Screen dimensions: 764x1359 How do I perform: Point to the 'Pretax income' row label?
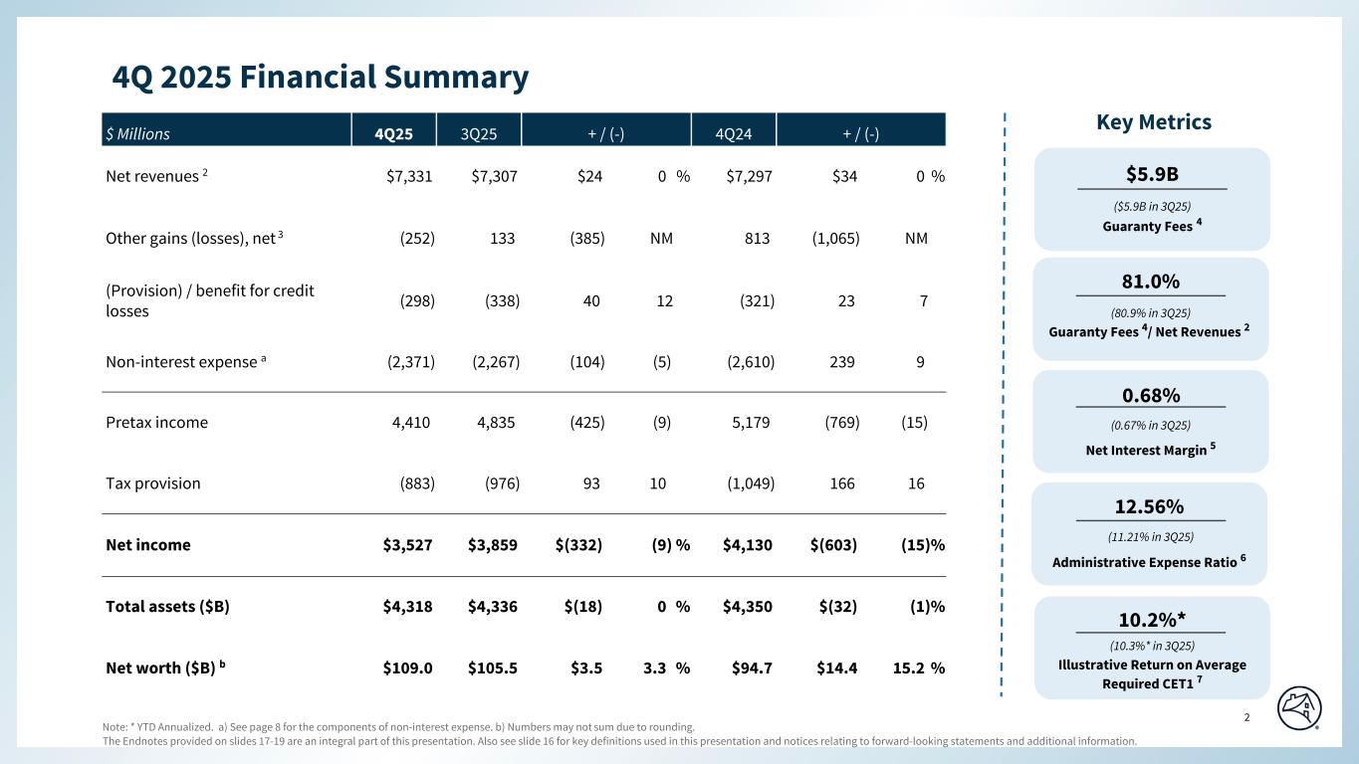tap(156, 422)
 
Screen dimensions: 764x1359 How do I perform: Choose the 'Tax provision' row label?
tap(152, 483)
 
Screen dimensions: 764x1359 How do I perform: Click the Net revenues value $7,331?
tap(409, 177)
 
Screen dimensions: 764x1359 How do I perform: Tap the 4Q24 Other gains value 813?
tap(756, 239)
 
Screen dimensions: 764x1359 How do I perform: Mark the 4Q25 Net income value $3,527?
tap(407, 545)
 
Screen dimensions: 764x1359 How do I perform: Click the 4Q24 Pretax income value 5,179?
tap(751, 422)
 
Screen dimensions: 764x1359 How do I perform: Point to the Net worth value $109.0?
tap(407, 668)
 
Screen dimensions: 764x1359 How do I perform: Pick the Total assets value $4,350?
tap(749, 606)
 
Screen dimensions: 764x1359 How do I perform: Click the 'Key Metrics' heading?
tap(1153, 122)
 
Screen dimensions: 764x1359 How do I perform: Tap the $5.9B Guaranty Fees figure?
tap(1152, 174)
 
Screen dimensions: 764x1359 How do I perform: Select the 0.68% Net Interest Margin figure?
tap(1151, 395)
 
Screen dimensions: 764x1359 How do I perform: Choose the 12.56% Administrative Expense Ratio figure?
tap(1151, 506)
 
